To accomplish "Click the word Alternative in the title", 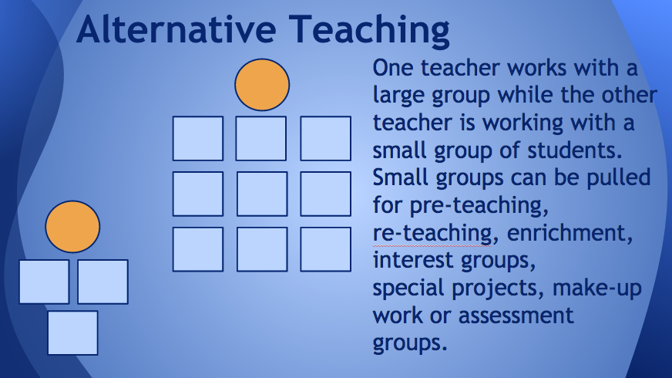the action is pyautogui.click(x=176, y=29).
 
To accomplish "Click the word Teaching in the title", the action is pyautogui.click(x=369, y=31).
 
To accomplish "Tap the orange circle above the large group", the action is pyautogui.click(x=262, y=85).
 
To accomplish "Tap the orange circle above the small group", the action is pyautogui.click(x=72, y=227).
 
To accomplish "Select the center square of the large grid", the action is pyautogui.click(x=262, y=194).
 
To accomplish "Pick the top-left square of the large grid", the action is pyautogui.click(x=198, y=139).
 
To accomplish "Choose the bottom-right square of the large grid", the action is pyautogui.click(x=326, y=249).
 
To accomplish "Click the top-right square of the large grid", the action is pyautogui.click(x=326, y=139).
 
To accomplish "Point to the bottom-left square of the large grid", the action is pyautogui.click(x=198, y=249).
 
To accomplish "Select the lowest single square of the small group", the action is pyautogui.click(x=73, y=333).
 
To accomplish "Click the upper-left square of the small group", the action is pyautogui.click(x=44, y=282).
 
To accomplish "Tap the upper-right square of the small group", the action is pyautogui.click(x=102, y=282).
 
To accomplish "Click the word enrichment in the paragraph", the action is pyautogui.click(x=570, y=233).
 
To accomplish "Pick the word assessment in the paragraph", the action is pyautogui.click(x=516, y=316).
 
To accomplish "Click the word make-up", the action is pyautogui.click(x=597, y=289).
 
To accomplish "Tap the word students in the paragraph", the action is pyautogui.click(x=575, y=150).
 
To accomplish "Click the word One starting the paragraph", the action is pyautogui.click(x=394, y=68).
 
